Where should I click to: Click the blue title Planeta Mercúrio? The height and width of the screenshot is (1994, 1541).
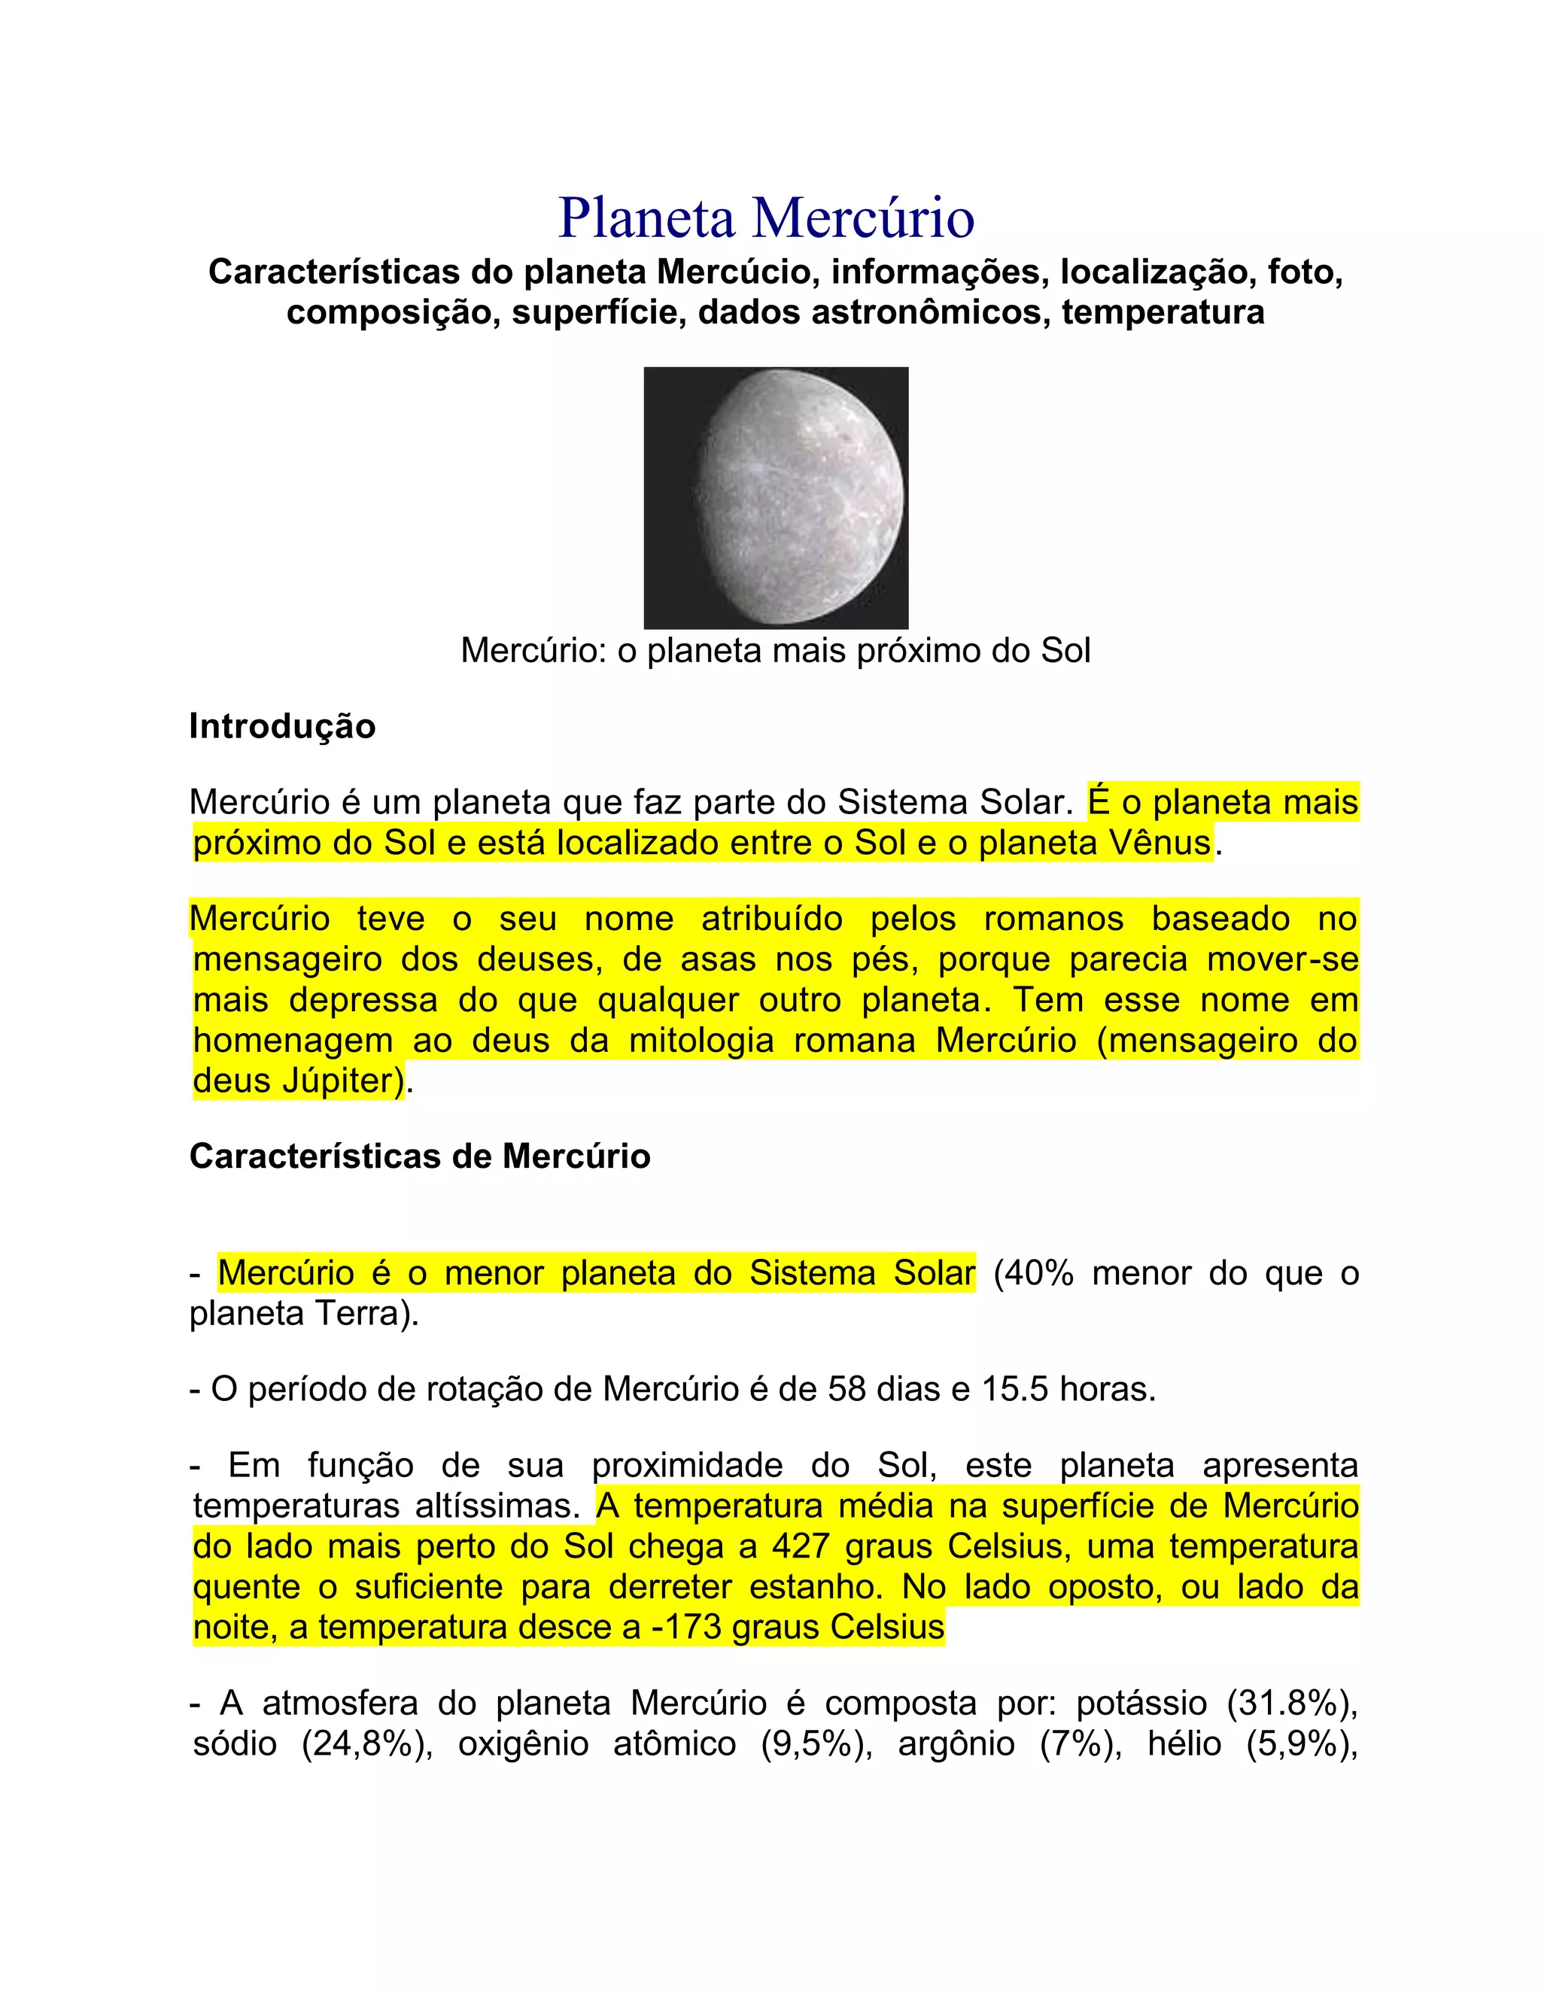pyautogui.click(x=766, y=218)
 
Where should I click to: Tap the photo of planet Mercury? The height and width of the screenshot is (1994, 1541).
pyautogui.click(x=775, y=497)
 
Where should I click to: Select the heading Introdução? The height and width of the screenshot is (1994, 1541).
pyautogui.click(x=282, y=727)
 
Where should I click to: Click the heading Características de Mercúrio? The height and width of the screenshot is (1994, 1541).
pyautogui.click(x=419, y=1157)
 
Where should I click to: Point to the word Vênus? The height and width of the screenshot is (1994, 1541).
pyautogui.click(x=1160, y=843)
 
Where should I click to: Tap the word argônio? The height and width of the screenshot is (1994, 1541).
pyautogui.click(x=956, y=1744)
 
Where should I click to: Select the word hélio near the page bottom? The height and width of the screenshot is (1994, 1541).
pyautogui.click(x=1186, y=1744)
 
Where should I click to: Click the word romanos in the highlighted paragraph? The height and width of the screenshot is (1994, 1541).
pyautogui.click(x=1053, y=919)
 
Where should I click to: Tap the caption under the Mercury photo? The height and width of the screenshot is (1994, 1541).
pyautogui.click(x=775, y=651)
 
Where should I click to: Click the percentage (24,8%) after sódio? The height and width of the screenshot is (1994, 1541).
pyautogui.click(x=367, y=1744)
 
